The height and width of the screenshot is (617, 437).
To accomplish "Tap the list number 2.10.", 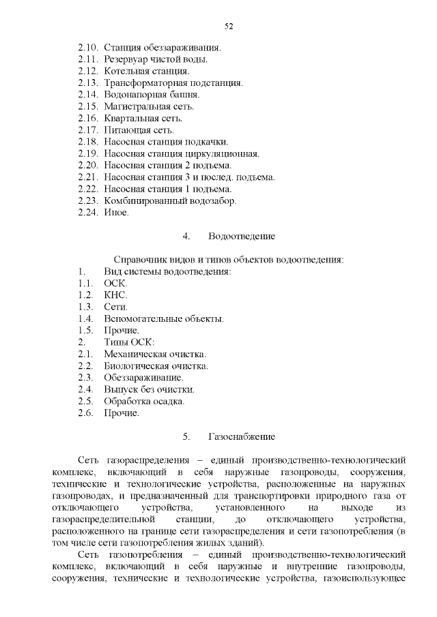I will (89, 48).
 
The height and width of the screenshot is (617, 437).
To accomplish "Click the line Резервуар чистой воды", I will (155, 59).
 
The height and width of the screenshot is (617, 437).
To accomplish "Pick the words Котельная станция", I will (146, 71).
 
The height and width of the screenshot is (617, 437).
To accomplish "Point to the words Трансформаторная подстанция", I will (173, 82).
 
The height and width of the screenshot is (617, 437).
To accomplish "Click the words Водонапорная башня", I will (151, 94).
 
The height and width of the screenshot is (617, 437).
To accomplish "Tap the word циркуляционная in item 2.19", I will (223, 153).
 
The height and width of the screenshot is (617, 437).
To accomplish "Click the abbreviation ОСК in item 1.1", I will (115, 283).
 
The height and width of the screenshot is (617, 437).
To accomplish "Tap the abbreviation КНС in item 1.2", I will (115, 295).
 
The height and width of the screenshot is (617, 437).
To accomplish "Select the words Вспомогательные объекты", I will (163, 318).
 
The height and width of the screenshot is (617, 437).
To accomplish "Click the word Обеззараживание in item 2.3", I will (143, 378).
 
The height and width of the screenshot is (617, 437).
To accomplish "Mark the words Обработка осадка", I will (143, 401).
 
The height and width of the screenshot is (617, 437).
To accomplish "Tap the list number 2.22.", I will (89, 189).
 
